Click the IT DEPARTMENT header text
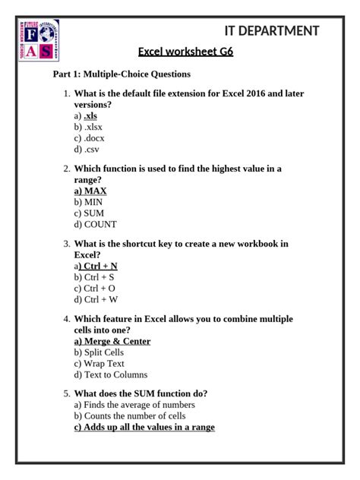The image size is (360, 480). (271, 31)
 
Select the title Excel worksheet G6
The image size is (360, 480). (185, 52)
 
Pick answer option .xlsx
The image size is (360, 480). (88, 127)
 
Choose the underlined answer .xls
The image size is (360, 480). (90, 115)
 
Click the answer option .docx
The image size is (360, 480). (90, 138)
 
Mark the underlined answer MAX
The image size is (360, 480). (90, 191)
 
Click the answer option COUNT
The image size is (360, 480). (95, 225)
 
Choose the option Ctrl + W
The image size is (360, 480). (95, 300)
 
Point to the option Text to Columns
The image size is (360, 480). (110, 375)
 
